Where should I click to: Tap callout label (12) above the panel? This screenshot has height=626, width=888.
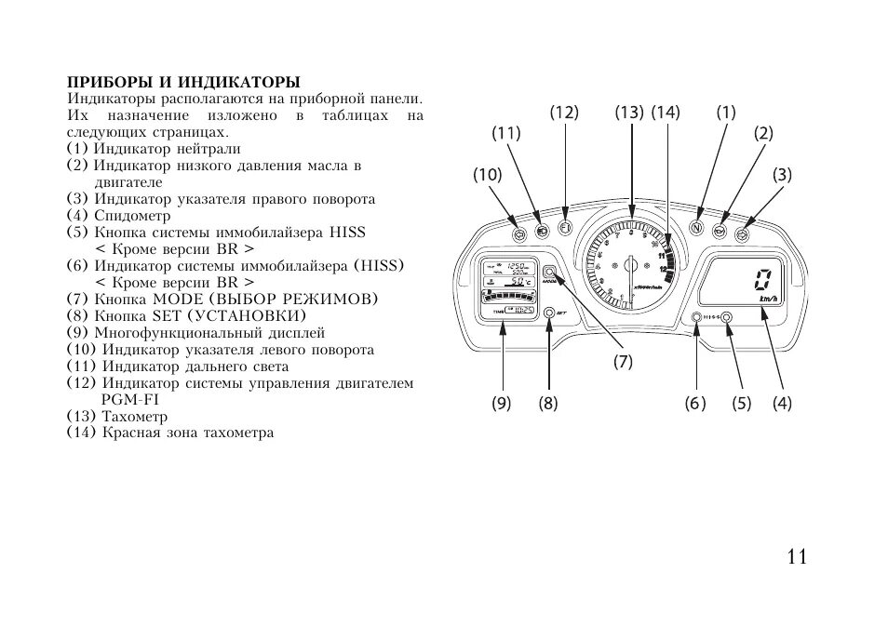(564, 113)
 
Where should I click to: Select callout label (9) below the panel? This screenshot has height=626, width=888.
(503, 403)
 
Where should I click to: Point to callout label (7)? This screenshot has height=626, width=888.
(623, 362)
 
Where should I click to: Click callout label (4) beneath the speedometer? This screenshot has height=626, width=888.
(782, 403)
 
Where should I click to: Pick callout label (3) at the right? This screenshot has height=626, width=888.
(781, 174)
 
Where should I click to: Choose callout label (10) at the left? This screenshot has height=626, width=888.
(487, 174)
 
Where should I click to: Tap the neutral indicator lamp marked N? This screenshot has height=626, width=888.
(696, 228)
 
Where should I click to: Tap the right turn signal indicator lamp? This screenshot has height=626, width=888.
(743, 232)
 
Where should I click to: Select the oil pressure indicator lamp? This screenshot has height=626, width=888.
(720, 230)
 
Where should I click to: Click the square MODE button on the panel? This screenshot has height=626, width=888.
(549, 273)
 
